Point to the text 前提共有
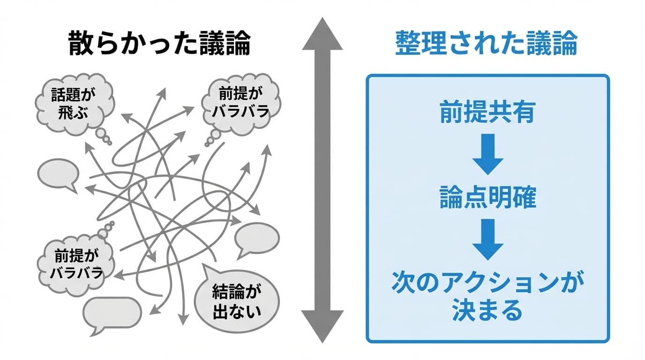coord(487,112)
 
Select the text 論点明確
coord(487,199)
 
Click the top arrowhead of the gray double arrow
coord(322,35)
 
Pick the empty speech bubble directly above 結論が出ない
coord(256,238)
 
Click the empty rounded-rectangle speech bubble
coord(112,313)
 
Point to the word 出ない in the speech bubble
coord(236,310)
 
